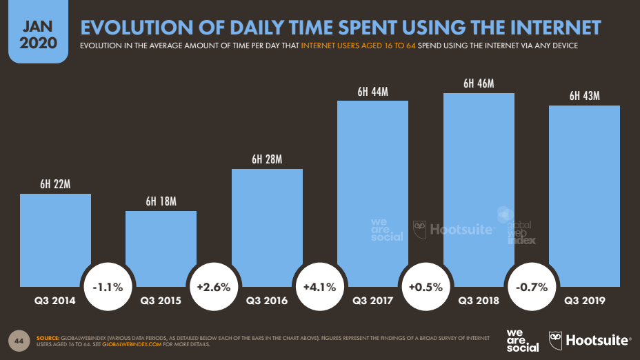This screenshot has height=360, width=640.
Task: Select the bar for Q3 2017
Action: coord(372,193)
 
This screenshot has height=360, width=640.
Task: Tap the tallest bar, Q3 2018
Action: coord(479,186)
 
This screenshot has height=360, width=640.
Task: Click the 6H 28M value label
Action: coord(267,159)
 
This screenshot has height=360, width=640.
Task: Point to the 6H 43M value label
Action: coord(584,96)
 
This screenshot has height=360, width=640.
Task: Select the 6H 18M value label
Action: coord(161,201)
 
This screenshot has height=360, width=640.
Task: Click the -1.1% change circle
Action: coord(108,286)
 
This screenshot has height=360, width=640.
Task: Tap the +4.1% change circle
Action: coord(320,286)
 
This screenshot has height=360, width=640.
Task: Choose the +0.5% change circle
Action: coord(426,286)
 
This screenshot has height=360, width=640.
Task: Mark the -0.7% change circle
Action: coord(531,286)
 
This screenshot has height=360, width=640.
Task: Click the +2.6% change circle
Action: coord(214,286)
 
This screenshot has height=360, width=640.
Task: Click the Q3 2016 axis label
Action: coord(267,301)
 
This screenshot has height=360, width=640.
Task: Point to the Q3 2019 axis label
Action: coord(584,301)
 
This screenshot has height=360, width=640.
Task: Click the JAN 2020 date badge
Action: coord(34,34)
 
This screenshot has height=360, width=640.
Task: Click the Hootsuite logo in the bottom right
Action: coord(590,339)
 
